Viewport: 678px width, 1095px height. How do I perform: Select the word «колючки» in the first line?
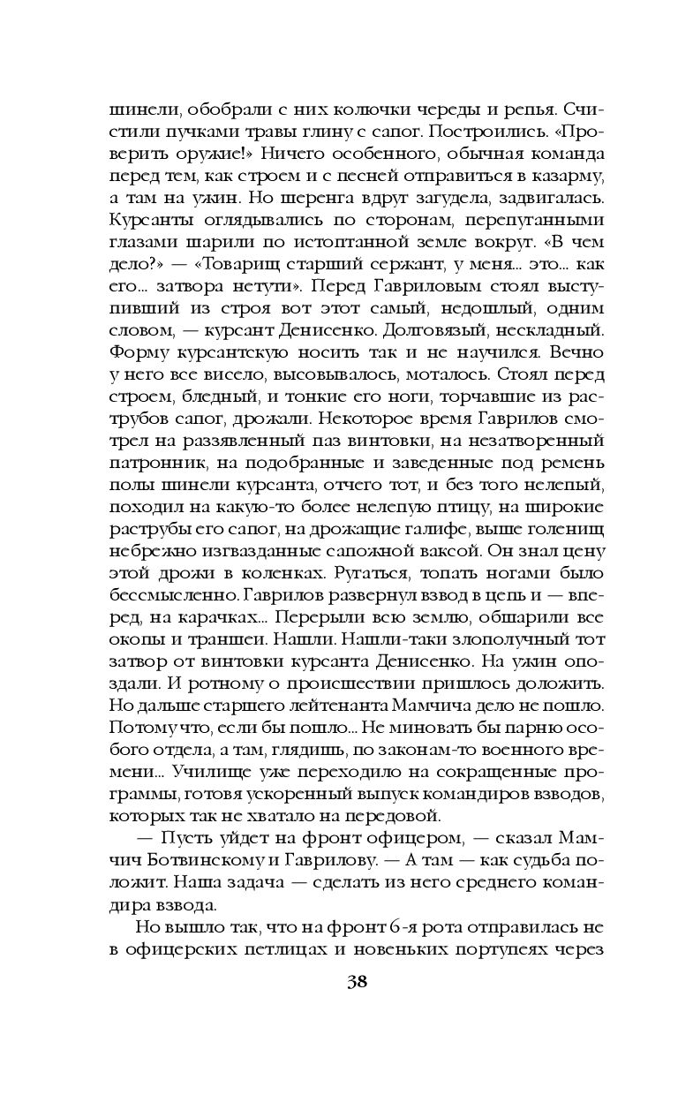339,111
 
